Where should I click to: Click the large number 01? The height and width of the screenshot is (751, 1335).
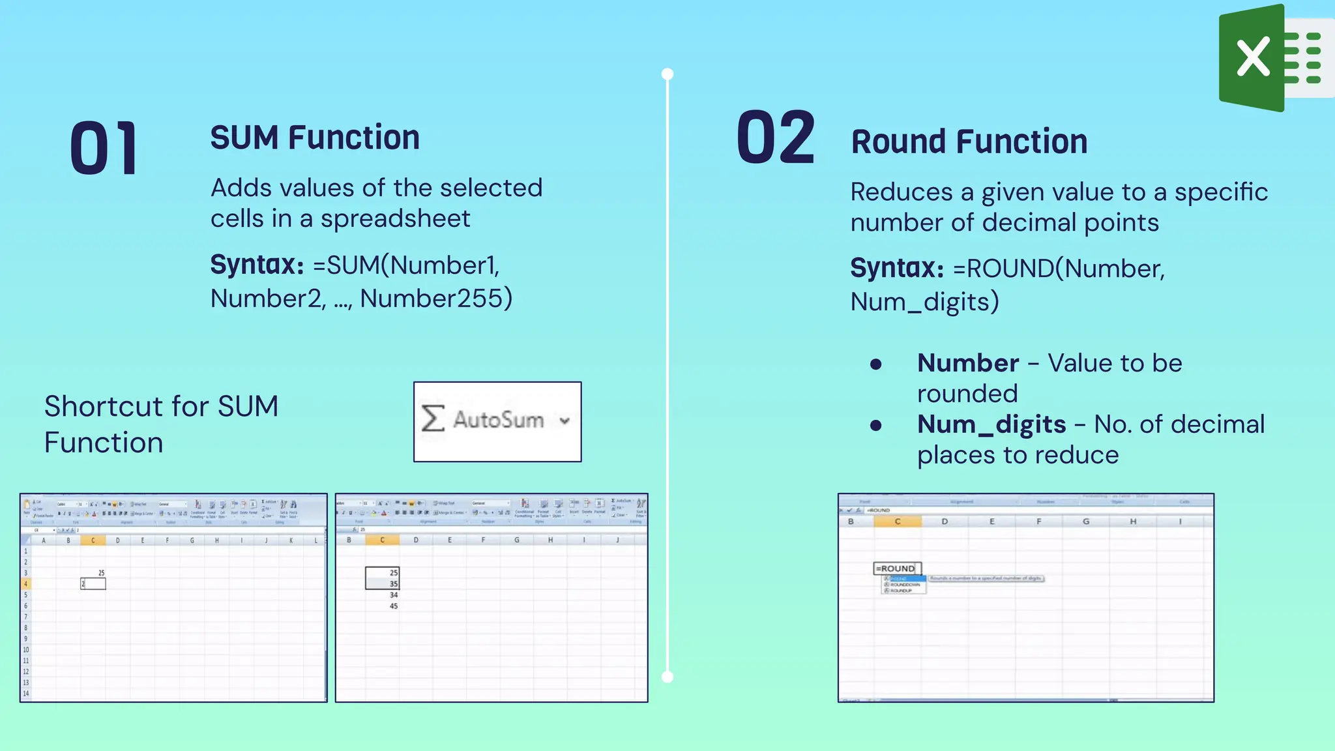pyautogui.click(x=104, y=149)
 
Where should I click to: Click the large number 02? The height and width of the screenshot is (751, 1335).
pyautogui.click(x=776, y=138)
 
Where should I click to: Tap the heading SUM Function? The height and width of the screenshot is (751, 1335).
pyautogui.click(x=315, y=138)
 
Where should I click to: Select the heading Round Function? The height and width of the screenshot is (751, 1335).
pyautogui.click(x=969, y=141)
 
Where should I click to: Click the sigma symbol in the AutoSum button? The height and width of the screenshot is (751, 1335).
pyautogui.click(x=433, y=419)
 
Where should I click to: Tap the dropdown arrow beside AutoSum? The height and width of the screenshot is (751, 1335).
pyautogui.click(x=565, y=420)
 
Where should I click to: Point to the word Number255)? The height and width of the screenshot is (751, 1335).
pyautogui.click(x=436, y=299)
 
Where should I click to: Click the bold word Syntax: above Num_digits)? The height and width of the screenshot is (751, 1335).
pyautogui.click(x=897, y=268)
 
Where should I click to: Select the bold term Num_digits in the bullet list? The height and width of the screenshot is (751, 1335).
pyautogui.click(x=991, y=424)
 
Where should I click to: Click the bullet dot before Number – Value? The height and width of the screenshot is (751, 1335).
pyautogui.click(x=876, y=364)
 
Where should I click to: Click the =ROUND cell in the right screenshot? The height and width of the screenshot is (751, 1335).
pyautogui.click(x=896, y=568)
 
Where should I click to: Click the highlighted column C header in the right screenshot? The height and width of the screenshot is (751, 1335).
pyautogui.click(x=898, y=522)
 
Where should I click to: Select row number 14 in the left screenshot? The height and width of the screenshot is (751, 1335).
pyautogui.click(x=26, y=693)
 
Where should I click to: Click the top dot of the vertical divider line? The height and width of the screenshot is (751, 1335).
pyautogui.click(x=667, y=74)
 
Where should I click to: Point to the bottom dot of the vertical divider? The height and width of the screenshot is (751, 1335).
pyautogui.click(x=667, y=677)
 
